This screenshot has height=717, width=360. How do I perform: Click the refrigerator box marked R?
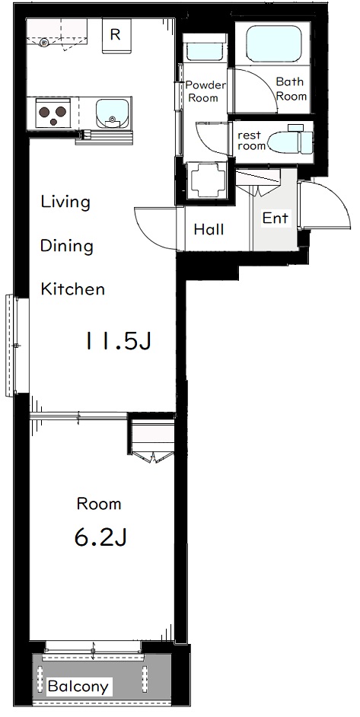click(116, 36)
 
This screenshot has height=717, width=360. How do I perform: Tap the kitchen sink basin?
click(111, 113)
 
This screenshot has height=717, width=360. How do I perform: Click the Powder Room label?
click(205, 91)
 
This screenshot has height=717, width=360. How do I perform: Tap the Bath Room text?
click(291, 89)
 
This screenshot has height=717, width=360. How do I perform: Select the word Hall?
click(209, 229)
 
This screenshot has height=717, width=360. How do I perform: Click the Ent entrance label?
click(276, 218)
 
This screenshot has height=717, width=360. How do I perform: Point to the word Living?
click(65, 202)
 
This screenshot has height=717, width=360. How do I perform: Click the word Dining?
click(67, 246)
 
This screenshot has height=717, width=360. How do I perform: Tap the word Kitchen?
click(73, 289)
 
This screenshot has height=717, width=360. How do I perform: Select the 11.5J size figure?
click(117, 341)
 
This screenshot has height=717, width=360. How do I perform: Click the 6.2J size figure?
click(100, 537)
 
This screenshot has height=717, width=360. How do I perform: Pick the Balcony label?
click(78, 687)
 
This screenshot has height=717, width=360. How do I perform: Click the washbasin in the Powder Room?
click(205, 52)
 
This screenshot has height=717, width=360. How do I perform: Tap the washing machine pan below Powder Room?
click(208, 180)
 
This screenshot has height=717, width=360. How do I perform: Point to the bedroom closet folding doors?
click(151, 457)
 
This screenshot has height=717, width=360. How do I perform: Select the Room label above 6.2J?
click(99, 504)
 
